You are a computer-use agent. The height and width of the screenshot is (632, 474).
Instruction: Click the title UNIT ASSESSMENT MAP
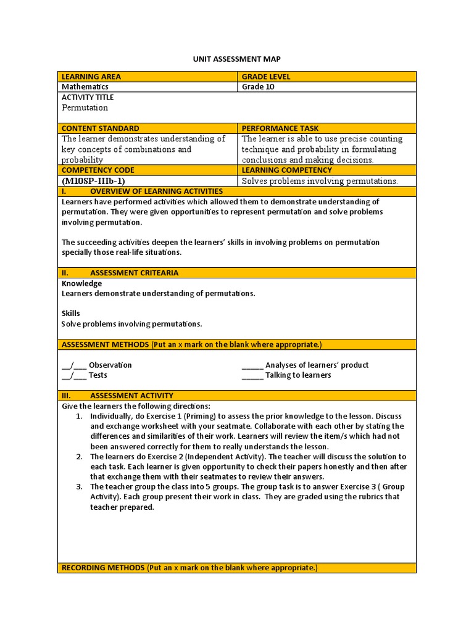[x=237, y=59]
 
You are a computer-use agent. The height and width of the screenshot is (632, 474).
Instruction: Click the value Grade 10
[x=258, y=87]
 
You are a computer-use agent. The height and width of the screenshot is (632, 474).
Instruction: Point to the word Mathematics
[x=85, y=87]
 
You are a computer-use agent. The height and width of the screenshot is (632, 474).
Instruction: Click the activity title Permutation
[x=85, y=107]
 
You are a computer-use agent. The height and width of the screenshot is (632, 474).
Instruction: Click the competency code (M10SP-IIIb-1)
[x=93, y=181]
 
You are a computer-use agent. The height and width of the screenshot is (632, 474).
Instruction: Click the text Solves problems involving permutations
[x=320, y=181]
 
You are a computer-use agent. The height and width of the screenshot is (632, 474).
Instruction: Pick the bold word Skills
[x=71, y=314]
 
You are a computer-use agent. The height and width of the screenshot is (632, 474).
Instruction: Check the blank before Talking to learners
[x=252, y=375]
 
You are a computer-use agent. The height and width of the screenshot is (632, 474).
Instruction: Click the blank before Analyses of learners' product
[x=252, y=365]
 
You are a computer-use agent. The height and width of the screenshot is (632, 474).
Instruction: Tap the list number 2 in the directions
[x=79, y=457]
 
